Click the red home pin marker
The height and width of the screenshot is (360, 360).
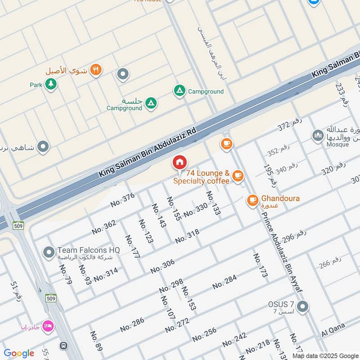tap(180, 162)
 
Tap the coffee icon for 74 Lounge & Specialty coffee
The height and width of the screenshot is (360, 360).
tap(238, 175)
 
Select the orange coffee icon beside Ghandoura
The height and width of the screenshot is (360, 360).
tap(252, 199)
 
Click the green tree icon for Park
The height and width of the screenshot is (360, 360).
tap(51, 84)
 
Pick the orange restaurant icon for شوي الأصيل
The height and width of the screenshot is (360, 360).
tap(95, 70)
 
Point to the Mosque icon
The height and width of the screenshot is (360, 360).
tap(318, 135)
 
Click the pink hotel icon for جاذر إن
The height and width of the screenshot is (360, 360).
tap(47, 325)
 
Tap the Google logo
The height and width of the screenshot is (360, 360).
tap(19, 353)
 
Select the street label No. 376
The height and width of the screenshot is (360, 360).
tap(122, 200)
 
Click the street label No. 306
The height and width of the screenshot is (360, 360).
tap(162, 266)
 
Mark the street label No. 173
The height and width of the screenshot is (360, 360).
tap(260, 265)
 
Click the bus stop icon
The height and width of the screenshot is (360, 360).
tap(64, 346)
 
